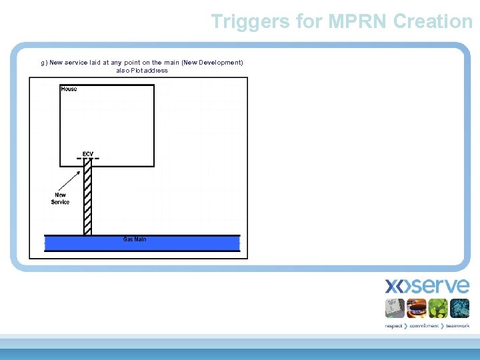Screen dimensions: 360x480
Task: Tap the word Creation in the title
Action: pyautogui.click(x=433, y=21)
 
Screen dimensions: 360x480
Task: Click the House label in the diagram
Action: pyautogui.click(x=69, y=89)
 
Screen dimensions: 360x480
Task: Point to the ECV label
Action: pyautogui.click(x=87, y=154)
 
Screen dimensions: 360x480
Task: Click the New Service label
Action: pyautogui.click(x=60, y=199)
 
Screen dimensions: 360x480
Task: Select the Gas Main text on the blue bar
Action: pyautogui.click(x=135, y=239)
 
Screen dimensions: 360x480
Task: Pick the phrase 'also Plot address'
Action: pyautogui.click(x=142, y=71)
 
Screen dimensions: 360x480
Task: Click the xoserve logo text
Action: pyautogui.click(x=427, y=287)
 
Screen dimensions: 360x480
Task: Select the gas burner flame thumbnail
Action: pyautogui.click(x=417, y=308)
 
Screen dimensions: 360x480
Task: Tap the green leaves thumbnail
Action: pyautogui.click(x=438, y=308)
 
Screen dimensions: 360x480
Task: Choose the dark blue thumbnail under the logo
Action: pyautogui.click(x=459, y=308)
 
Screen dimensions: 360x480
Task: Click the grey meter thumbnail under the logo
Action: pyautogui.click(x=396, y=308)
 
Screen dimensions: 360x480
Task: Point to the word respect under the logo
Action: pyautogui.click(x=393, y=326)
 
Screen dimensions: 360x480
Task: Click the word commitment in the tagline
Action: pyautogui.click(x=425, y=326)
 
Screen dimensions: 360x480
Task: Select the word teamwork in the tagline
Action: pyautogui.click(x=458, y=326)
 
